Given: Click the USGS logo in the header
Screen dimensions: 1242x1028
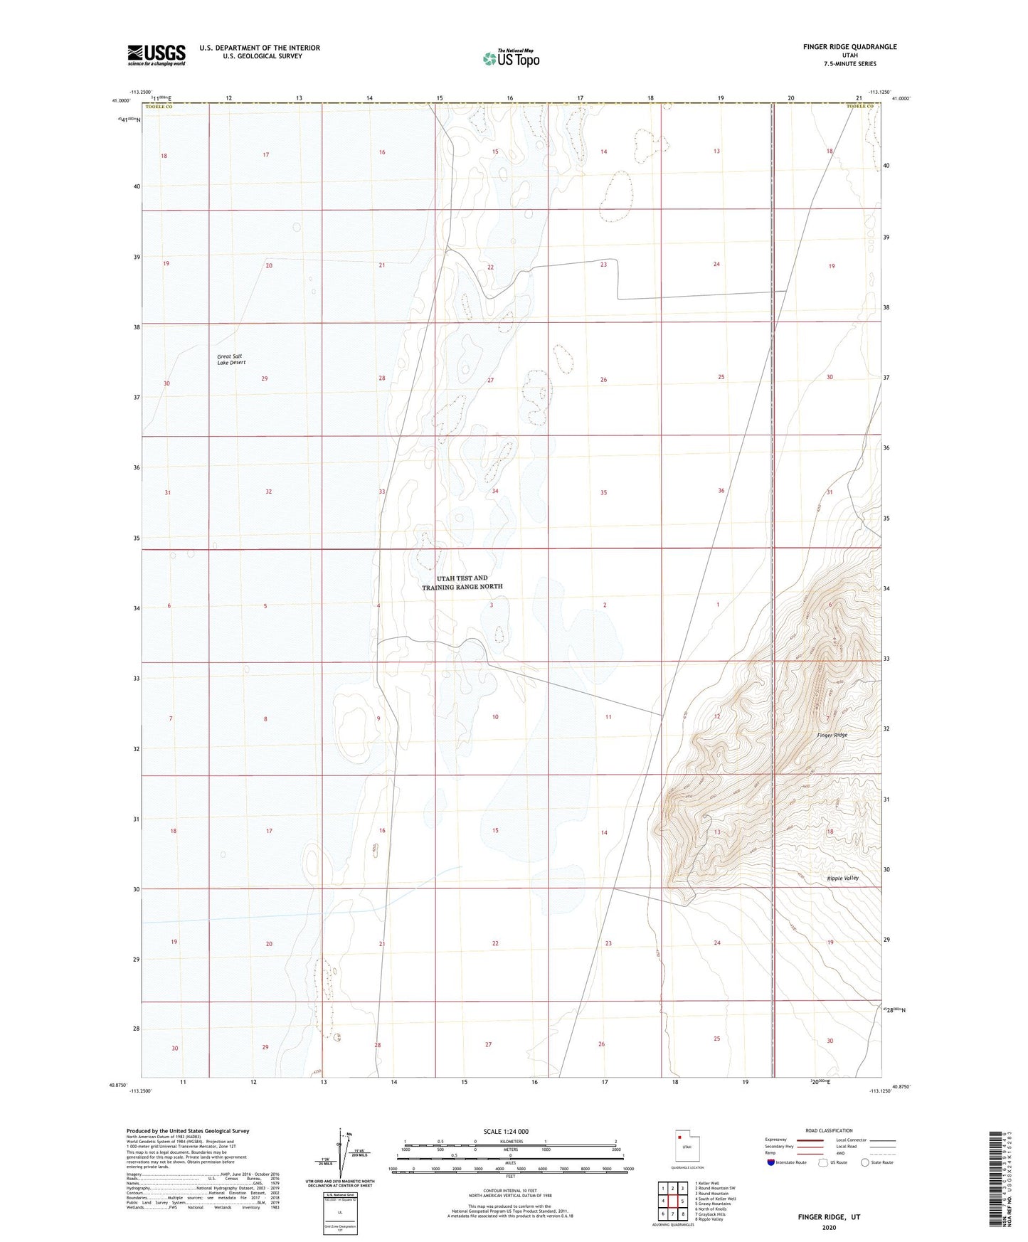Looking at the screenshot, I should (x=157, y=55).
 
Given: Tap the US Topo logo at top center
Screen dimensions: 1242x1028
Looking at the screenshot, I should (x=511, y=58).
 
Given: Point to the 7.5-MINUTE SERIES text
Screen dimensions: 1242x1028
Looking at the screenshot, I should (x=850, y=64).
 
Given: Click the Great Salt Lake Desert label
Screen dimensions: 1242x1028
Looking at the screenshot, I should (x=231, y=359).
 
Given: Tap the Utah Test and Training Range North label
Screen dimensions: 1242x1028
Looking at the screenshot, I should (x=462, y=583).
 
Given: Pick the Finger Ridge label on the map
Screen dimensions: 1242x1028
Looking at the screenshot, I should (x=832, y=735).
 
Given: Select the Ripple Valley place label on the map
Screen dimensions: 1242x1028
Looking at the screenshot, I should (x=842, y=878).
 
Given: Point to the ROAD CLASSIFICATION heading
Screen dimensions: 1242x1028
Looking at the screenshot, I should (x=830, y=1130).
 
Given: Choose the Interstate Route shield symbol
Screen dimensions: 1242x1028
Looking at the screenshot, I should (x=772, y=1162).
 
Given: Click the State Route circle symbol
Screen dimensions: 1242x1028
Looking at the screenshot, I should (x=864, y=1162).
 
